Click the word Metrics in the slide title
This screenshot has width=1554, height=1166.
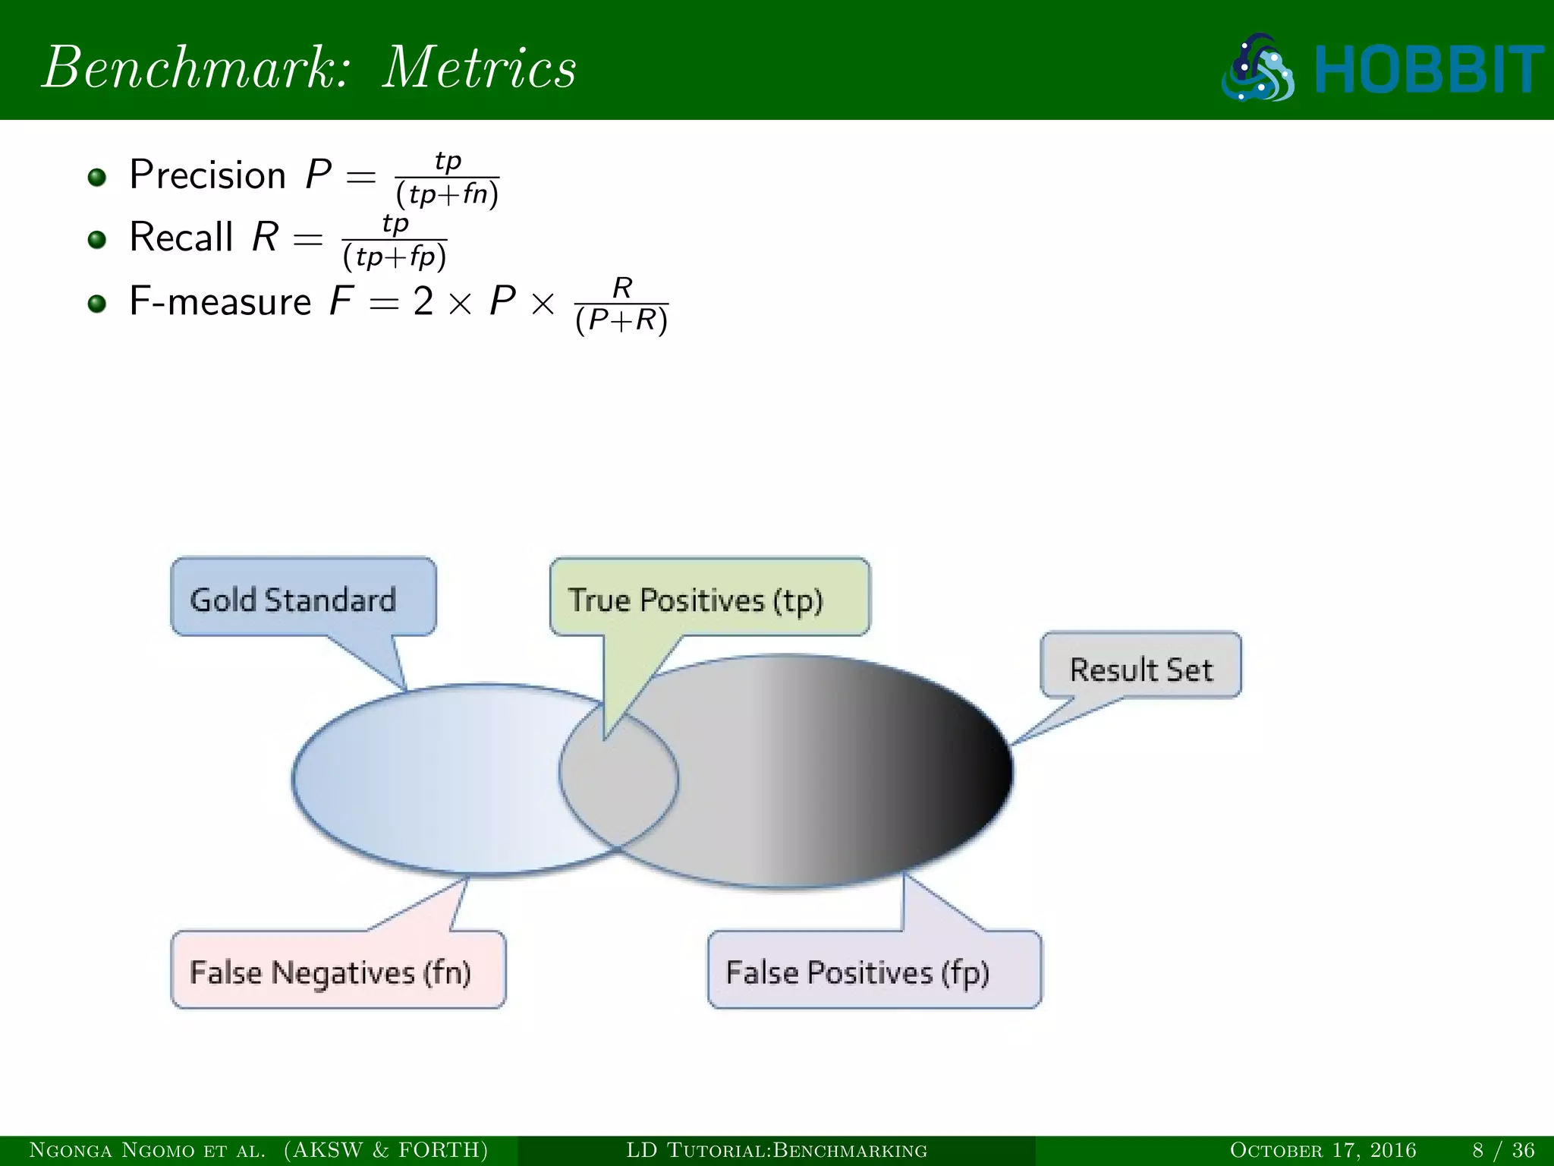(x=479, y=68)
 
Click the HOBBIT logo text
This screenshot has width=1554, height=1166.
(x=1429, y=70)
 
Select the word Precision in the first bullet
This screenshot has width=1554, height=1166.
(x=207, y=175)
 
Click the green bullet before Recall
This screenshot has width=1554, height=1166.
(x=96, y=240)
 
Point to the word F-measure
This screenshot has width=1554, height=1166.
(x=220, y=301)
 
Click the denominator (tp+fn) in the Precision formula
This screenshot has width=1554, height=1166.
(x=447, y=195)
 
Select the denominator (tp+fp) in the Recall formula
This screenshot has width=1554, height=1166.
(x=395, y=257)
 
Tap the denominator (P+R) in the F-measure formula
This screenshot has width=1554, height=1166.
(x=621, y=321)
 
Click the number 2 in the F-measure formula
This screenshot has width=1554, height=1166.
(x=423, y=301)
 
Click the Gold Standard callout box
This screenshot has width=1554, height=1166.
(x=303, y=597)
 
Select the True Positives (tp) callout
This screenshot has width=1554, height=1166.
(x=709, y=597)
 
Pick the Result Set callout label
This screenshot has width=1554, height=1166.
(x=1140, y=666)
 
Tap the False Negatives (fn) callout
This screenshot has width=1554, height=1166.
(x=338, y=970)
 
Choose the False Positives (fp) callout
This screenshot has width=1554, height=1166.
(x=873, y=970)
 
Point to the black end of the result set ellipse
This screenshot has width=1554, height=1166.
(x=979, y=771)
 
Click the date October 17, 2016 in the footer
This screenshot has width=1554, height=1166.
(x=1323, y=1150)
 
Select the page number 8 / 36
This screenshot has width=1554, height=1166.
(x=1503, y=1150)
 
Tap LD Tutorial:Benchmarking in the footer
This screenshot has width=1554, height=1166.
(x=776, y=1150)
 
